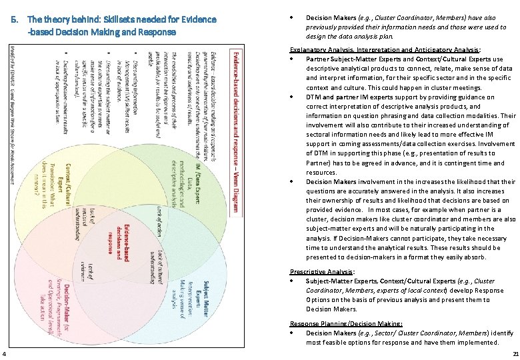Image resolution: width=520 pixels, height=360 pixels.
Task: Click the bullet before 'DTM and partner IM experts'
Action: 293,97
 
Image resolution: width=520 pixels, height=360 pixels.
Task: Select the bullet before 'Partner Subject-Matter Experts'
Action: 293,59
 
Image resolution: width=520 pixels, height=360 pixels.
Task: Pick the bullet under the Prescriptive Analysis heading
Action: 293,281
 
